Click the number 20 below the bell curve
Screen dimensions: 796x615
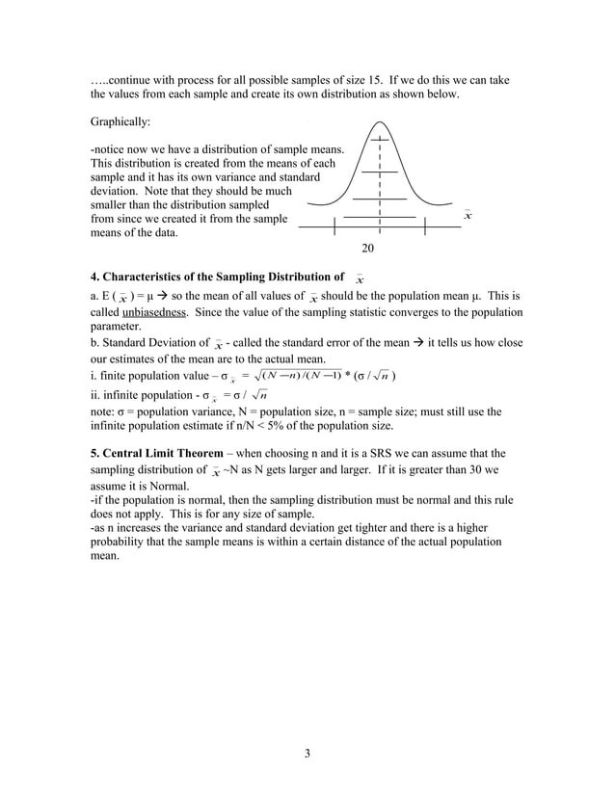pyautogui.click(x=367, y=249)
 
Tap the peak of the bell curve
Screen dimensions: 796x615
pyautogui.click(x=381, y=123)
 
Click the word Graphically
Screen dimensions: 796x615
pyautogui.click(x=120, y=123)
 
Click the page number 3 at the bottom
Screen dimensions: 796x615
pyautogui.click(x=307, y=753)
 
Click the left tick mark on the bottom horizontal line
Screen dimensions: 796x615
pyautogui.click(x=334, y=227)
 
